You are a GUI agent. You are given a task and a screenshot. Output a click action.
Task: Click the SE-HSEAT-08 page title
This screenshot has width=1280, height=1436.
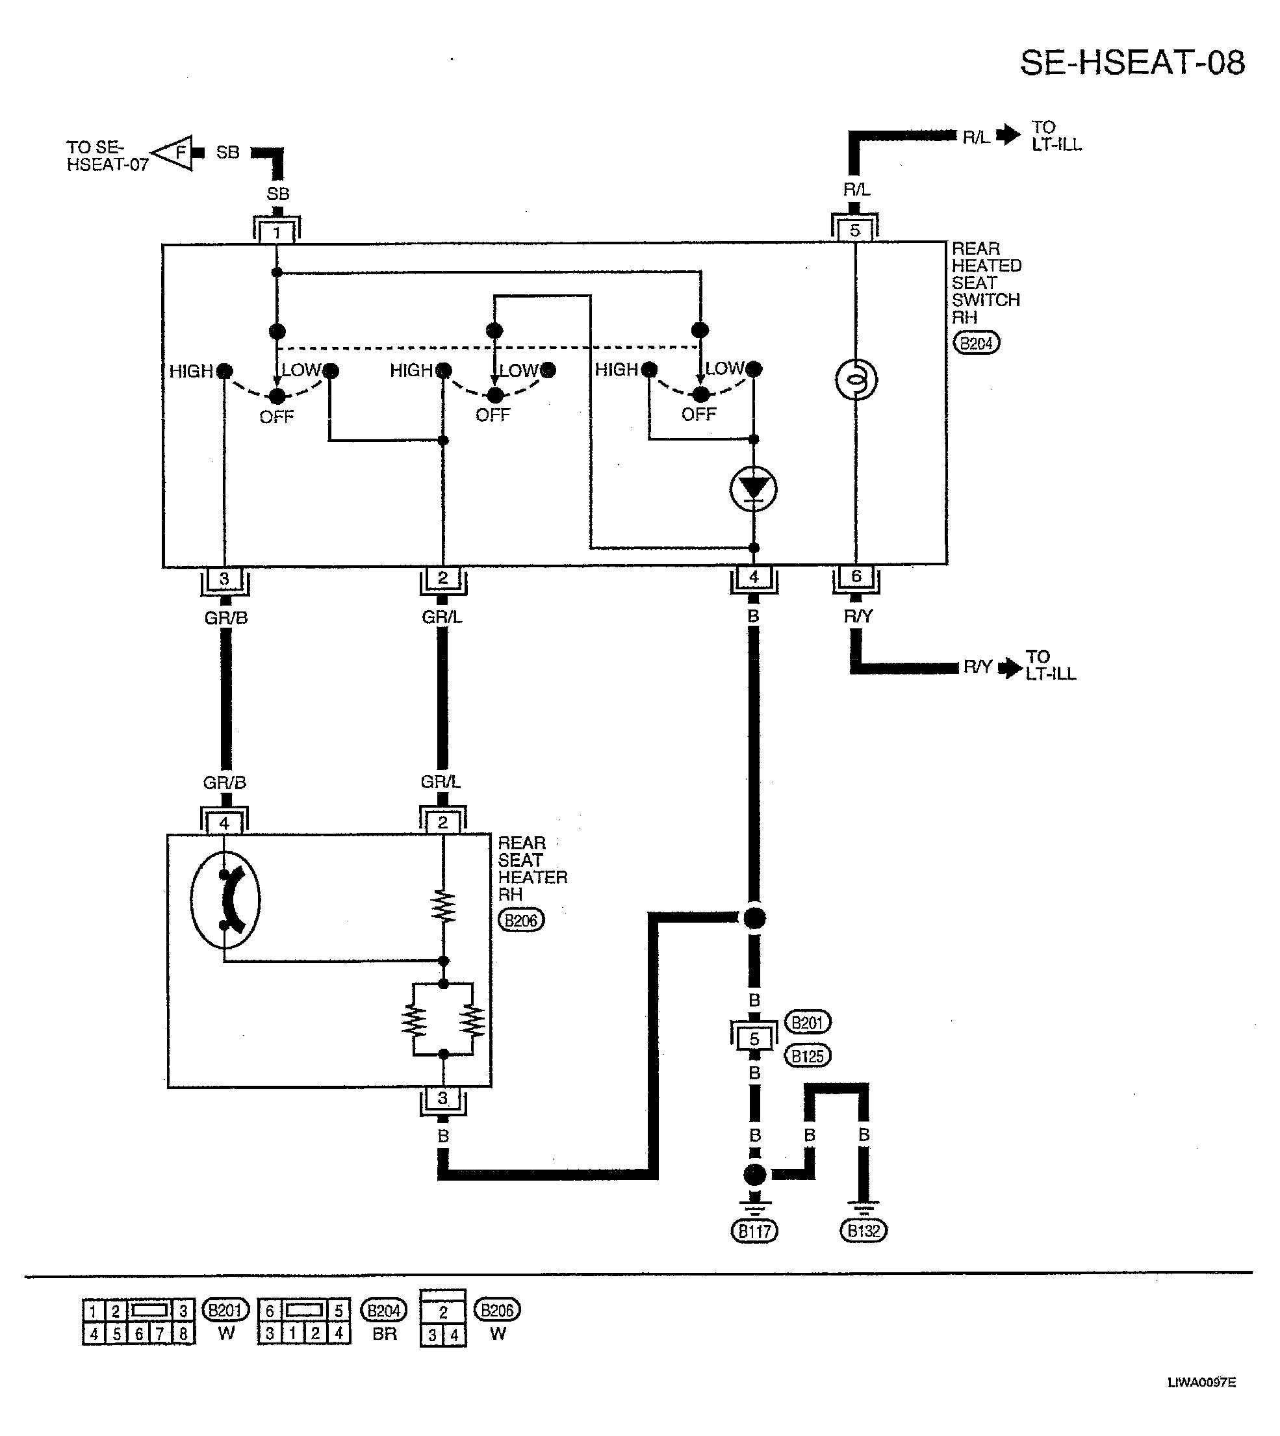[1133, 62]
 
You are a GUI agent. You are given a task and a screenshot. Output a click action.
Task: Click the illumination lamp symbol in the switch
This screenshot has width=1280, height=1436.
[856, 379]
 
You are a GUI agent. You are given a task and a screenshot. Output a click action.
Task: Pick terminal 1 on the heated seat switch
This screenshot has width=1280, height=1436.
[276, 232]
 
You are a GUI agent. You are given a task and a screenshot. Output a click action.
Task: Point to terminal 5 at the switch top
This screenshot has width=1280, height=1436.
[854, 230]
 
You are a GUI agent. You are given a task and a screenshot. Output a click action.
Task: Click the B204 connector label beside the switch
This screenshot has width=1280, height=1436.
[976, 343]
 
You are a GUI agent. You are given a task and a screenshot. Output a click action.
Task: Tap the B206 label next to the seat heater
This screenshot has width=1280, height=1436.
[521, 920]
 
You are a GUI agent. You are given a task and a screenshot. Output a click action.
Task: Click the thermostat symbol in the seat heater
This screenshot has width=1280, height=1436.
[225, 899]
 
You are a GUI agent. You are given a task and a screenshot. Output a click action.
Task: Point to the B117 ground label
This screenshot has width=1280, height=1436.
[754, 1231]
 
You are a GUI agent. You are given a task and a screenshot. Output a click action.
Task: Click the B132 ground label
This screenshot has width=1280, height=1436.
[864, 1231]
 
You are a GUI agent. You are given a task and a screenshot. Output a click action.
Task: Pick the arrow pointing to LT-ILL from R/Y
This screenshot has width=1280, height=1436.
[1010, 667]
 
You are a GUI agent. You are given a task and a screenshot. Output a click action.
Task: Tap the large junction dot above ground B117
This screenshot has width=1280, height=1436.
[754, 1174]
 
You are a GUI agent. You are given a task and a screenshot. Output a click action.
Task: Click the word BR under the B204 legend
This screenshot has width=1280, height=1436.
[384, 1334]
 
